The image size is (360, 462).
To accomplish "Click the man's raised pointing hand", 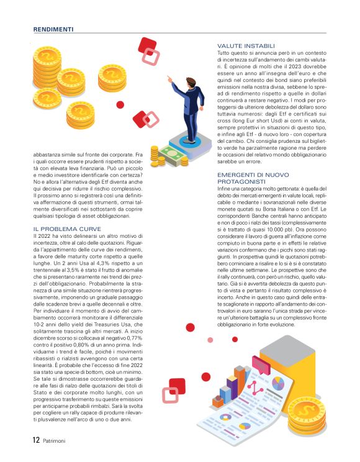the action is [169, 78].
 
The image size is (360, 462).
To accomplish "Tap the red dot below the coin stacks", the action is [120, 105].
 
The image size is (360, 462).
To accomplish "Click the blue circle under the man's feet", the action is [188, 141].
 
